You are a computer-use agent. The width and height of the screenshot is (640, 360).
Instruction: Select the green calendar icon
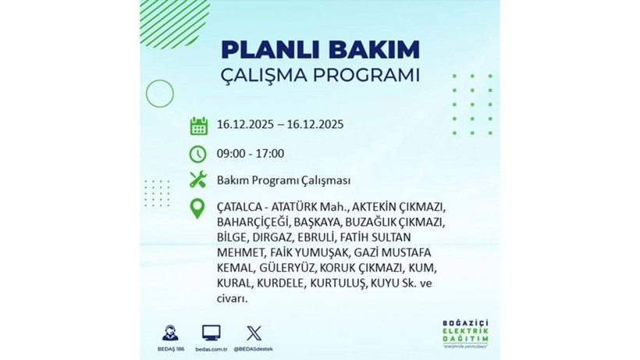pos(198,126)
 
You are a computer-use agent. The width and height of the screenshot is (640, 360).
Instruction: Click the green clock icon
pos(198,153)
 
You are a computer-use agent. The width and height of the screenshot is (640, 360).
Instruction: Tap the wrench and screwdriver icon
pos(198,180)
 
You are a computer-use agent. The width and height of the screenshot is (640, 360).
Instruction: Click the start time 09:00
pos(231,153)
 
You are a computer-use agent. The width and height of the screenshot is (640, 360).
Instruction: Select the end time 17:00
pos(270,153)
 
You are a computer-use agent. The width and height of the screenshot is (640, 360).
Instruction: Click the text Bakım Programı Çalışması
pos(273,180)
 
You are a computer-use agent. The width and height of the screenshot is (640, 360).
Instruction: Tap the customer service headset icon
pos(169,332)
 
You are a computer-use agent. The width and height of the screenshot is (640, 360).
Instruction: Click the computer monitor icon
pos(211,332)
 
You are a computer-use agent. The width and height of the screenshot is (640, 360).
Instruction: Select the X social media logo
pos(254,333)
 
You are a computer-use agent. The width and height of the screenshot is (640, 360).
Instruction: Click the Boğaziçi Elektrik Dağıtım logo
pos(466,333)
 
